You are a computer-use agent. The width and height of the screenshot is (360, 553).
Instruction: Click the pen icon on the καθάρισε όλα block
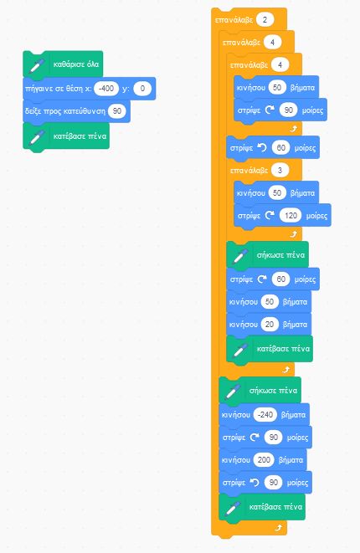pos(37,65)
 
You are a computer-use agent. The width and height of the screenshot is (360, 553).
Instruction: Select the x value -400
pos(106,88)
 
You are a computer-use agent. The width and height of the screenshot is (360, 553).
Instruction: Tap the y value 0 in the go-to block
pos(142,88)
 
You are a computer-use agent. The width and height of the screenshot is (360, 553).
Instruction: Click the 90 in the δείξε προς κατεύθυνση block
pos(117,111)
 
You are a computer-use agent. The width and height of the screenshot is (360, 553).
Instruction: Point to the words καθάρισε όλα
pos(76,64)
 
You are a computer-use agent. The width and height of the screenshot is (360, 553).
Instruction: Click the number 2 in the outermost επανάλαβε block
pos(265,20)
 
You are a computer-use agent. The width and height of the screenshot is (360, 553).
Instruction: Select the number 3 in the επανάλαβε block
pos(280,171)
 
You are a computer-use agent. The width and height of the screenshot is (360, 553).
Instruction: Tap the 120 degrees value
pos(291,216)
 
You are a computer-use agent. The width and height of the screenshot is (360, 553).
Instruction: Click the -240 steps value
pos(265,415)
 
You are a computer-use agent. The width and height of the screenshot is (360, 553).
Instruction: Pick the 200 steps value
pos(264,460)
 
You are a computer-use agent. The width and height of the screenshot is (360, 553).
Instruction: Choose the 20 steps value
pos(270,325)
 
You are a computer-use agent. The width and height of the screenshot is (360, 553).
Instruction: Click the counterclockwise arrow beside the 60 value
pos(262,147)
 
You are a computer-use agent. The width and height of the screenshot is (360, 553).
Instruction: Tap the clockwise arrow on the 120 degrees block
pos(270,215)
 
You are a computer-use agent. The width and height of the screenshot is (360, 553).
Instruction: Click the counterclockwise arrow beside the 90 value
pos(255,482)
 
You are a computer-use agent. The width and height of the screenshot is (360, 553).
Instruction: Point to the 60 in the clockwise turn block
pos(281,279)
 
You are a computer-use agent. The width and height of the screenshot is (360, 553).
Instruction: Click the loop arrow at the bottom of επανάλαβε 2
pos(279,528)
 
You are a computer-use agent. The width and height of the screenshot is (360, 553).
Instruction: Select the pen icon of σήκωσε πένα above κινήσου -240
pos(233,392)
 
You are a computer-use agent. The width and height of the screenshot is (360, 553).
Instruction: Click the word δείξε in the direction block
pos(33,111)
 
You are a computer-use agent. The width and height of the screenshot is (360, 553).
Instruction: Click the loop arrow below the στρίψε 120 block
pos(293,233)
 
